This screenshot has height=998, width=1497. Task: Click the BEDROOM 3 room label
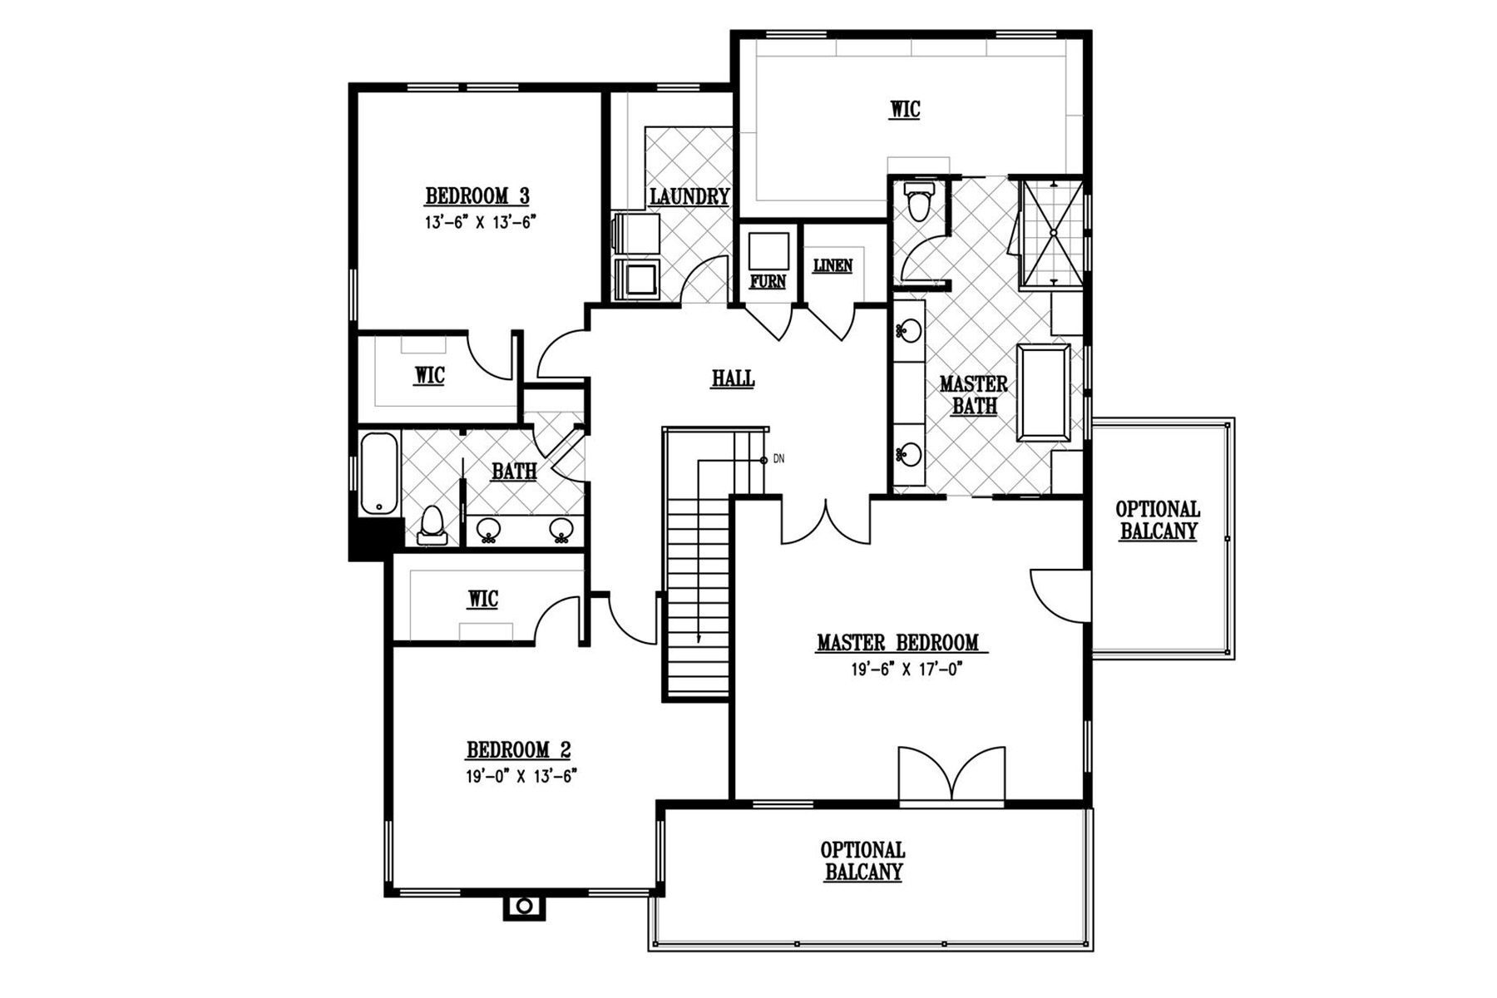coord(477,196)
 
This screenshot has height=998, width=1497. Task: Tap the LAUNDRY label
coord(689,197)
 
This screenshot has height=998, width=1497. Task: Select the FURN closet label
coord(768,281)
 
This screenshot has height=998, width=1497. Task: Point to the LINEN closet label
coord(832,265)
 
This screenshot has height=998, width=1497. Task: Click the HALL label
coord(733,378)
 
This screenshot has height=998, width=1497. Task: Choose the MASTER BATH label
coord(974,395)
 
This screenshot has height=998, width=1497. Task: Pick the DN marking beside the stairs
coord(779,458)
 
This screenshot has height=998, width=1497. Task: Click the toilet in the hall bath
coord(431,525)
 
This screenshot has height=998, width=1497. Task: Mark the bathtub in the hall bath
coord(378,474)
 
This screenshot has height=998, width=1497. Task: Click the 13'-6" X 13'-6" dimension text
coord(477,222)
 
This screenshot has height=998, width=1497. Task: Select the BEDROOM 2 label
coord(518,750)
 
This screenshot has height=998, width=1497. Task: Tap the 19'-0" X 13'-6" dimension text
coord(521,776)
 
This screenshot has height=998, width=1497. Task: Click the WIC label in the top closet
coord(905,110)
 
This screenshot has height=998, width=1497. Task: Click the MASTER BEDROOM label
coord(897,642)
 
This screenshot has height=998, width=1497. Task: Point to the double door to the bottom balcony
coord(952,774)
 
